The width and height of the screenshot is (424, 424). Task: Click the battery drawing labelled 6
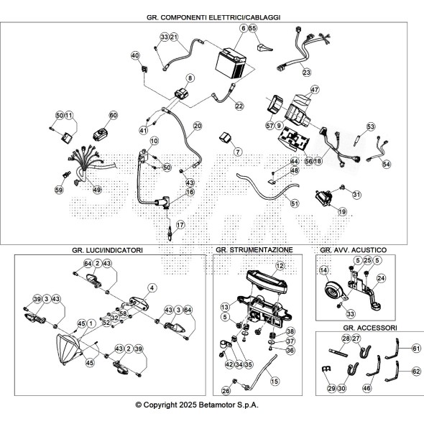tap(231, 63)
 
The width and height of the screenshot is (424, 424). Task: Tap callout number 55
tap(252, 28)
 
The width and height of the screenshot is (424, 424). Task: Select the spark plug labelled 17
tap(170, 233)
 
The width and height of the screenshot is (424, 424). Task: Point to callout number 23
tap(307, 72)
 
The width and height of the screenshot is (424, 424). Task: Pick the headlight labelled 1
tap(68, 349)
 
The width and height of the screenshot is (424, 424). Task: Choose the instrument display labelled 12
tap(267, 282)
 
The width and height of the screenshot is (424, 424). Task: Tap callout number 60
tap(114, 115)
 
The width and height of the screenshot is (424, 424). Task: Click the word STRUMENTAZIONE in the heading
tap(261, 250)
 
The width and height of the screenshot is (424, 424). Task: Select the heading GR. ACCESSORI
tap(370, 328)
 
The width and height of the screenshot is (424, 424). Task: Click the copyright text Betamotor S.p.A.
tap(229, 405)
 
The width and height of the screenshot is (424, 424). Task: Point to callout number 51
tap(295, 203)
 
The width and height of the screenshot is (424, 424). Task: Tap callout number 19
tap(342, 211)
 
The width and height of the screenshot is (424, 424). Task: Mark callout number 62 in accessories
tap(416, 372)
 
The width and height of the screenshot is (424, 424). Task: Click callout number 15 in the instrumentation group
tap(275, 382)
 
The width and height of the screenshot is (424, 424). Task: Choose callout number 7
tap(238, 152)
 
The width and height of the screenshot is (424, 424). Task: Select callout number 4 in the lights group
tap(152, 288)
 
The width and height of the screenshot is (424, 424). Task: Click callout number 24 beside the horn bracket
tap(381, 278)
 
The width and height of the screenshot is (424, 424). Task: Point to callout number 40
tap(135, 55)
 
